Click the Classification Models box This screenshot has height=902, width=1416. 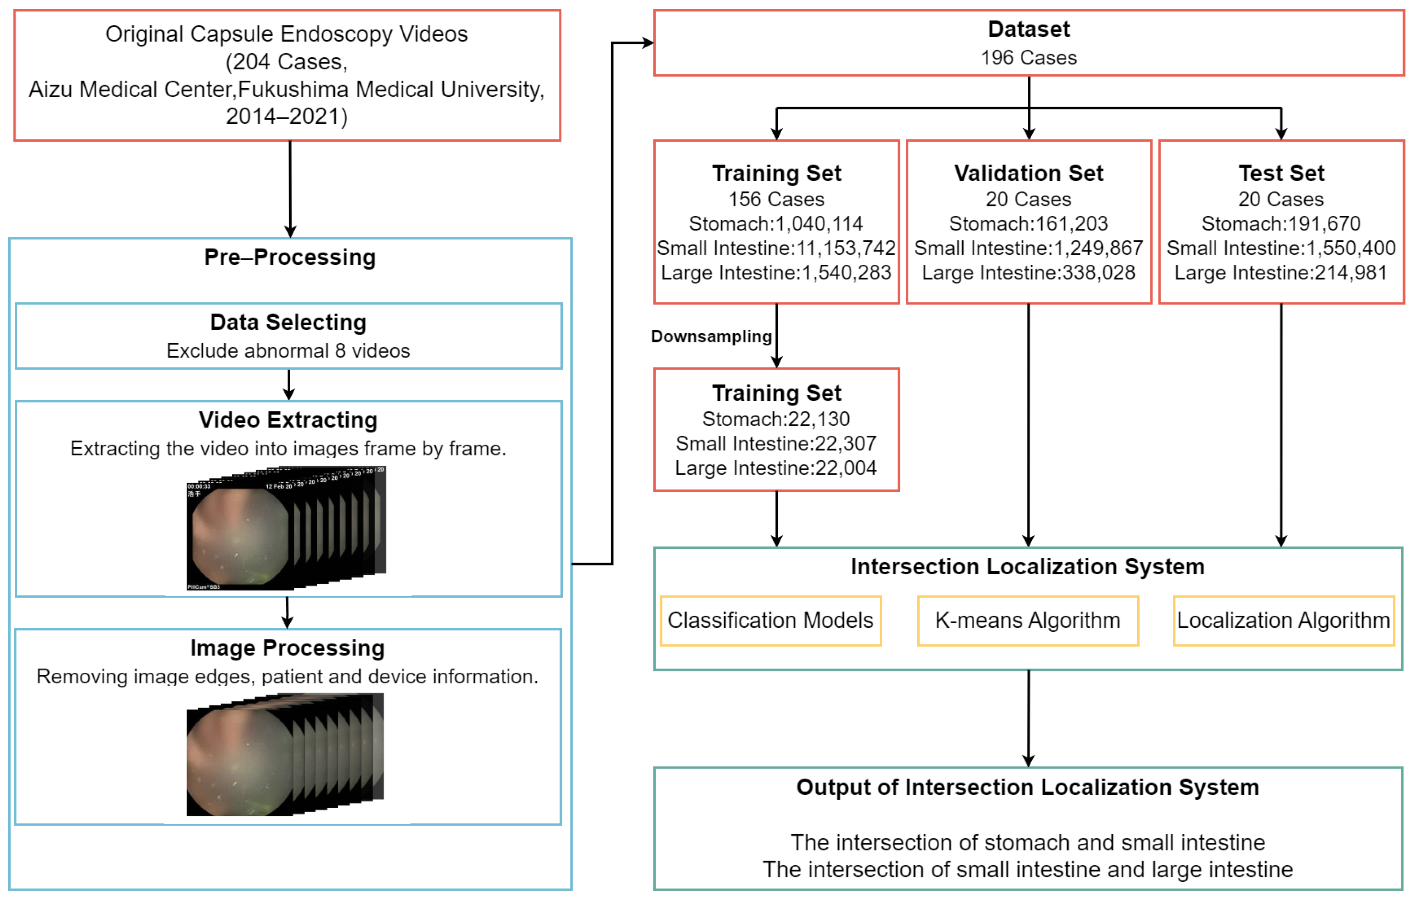(770, 621)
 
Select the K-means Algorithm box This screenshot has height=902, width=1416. (1028, 621)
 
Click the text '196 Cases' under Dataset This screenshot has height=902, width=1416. (1028, 57)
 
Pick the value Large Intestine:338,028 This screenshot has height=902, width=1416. (1028, 273)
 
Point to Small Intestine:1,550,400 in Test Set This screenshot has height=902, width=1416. (1281, 248)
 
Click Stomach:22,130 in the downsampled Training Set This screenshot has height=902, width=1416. (776, 419)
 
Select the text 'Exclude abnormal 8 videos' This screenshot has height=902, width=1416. (288, 351)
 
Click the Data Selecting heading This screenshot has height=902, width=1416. (288, 322)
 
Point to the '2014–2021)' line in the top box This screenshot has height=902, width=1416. (287, 117)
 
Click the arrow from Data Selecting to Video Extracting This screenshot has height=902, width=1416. (289, 385)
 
